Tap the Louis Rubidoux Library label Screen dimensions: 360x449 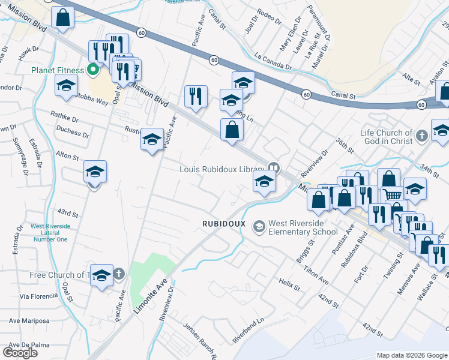click(x=221, y=169)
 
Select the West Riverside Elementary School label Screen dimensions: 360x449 click(x=303, y=227)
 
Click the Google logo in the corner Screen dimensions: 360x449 click(x=20, y=352)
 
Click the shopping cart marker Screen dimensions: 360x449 click(x=392, y=194)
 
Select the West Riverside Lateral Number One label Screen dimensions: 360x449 click(x=50, y=233)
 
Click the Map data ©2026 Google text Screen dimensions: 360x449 click(x=411, y=355)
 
